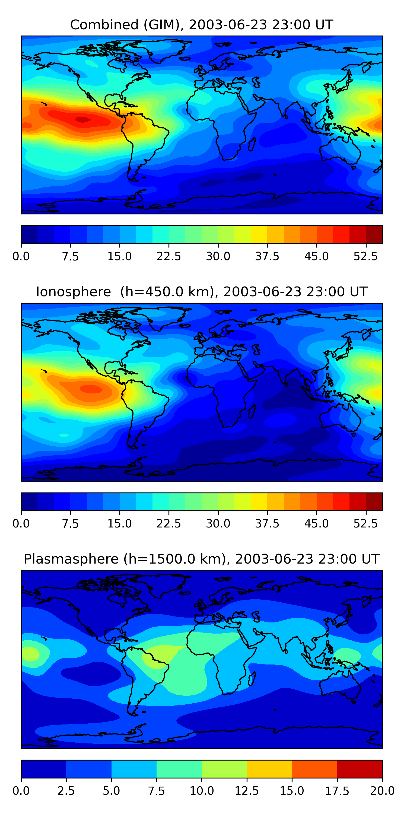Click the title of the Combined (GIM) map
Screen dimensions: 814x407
202,25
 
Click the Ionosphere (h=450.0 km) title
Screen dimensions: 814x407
202,292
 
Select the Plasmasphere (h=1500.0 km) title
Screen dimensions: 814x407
202,559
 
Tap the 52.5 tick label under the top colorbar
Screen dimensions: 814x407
365,256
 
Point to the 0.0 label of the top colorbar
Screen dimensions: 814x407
21,256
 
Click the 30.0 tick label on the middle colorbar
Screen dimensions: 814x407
218,524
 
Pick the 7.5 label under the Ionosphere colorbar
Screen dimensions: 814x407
70,524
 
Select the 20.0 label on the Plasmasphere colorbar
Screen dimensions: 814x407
382,791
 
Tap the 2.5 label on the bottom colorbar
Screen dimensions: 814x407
66,791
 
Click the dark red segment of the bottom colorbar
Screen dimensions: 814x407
360,769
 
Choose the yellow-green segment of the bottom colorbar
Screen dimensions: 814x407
224,769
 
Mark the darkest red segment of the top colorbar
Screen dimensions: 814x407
374,234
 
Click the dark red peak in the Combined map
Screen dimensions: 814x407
83,119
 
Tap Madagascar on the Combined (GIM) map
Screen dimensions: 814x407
252,144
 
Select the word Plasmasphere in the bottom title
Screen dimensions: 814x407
71,559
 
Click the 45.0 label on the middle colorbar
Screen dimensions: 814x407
317,524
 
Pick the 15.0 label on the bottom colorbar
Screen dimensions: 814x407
292,791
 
